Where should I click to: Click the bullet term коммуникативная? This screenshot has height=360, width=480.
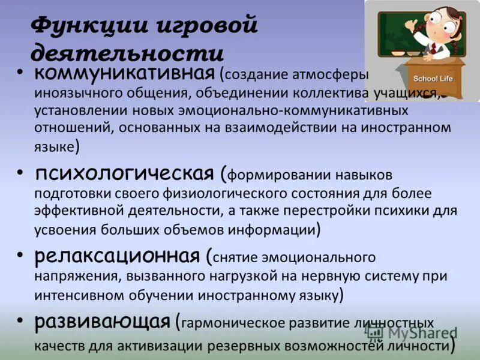click(124, 74)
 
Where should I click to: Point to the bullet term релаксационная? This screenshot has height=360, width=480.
click(116, 256)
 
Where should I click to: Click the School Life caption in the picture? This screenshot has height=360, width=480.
click(433, 79)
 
